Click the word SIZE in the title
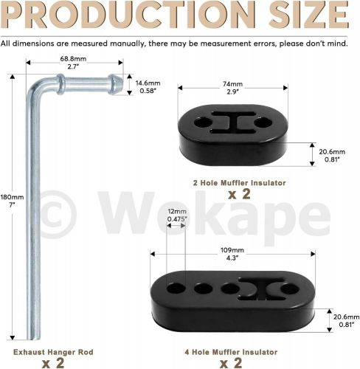309,15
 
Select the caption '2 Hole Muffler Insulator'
239,183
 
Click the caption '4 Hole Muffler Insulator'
231,352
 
